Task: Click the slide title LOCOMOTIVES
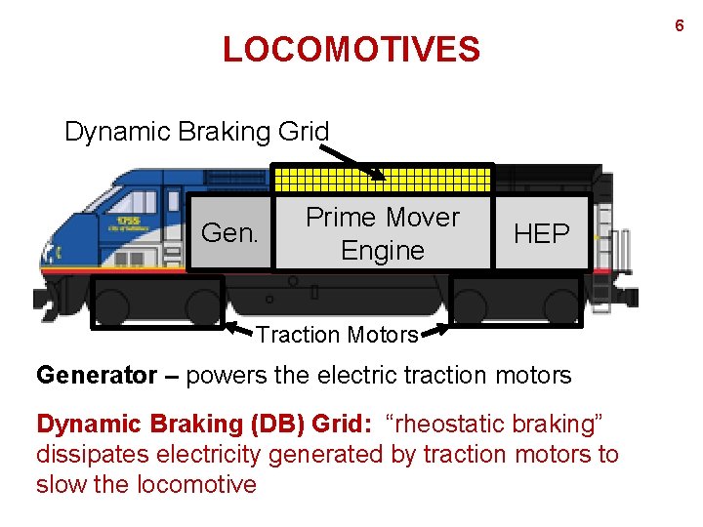pos(351,49)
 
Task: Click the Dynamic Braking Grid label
pos(196,131)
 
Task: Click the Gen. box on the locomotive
pos(229,233)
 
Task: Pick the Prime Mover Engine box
pos(382,233)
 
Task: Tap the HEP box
pos(542,233)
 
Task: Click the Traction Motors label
pos(338,335)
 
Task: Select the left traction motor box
pos(157,302)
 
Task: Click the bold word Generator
pos(94,374)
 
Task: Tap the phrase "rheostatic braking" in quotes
pos(495,425)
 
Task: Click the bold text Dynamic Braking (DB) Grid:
pos(204,425)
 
